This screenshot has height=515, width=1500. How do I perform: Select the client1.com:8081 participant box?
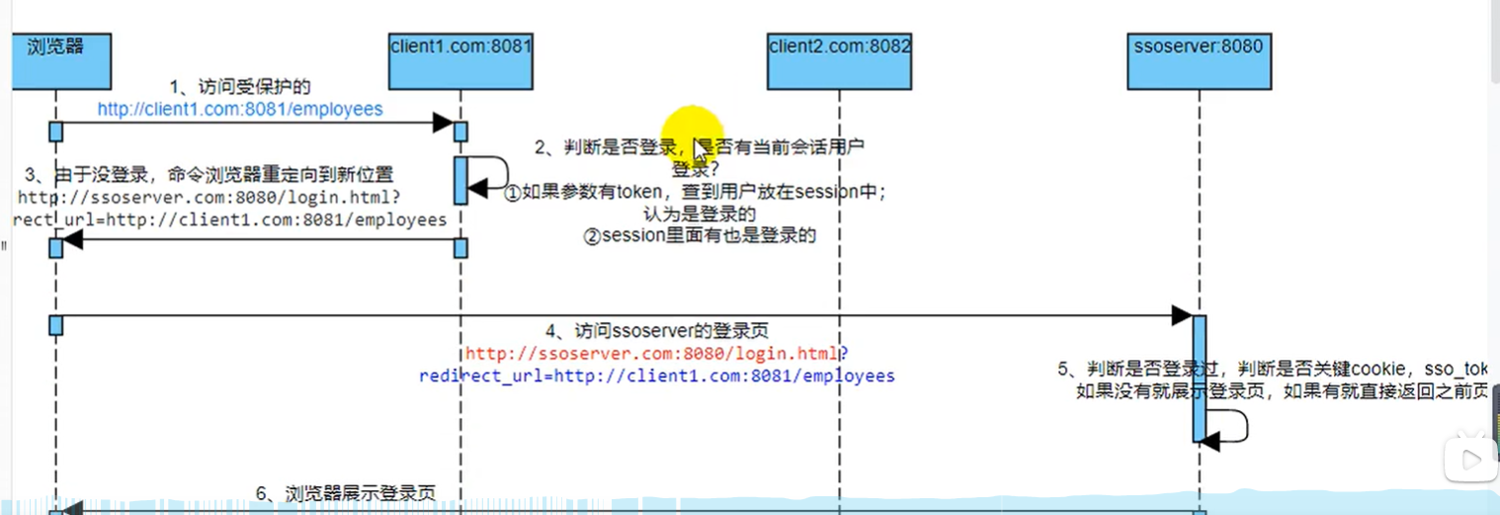[461, 59]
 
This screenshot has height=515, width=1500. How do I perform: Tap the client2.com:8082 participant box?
[839, 59]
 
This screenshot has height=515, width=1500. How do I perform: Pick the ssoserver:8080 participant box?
[1199, 59]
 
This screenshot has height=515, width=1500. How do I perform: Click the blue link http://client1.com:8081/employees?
[240, 109]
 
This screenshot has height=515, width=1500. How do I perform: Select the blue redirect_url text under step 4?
[656, 376]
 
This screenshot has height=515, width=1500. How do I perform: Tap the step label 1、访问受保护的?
[240, 88]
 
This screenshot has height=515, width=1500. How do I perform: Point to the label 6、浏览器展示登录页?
[346, 493]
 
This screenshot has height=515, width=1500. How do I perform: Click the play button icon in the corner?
[1469, 458]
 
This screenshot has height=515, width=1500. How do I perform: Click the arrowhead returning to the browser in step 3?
[70, 239]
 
